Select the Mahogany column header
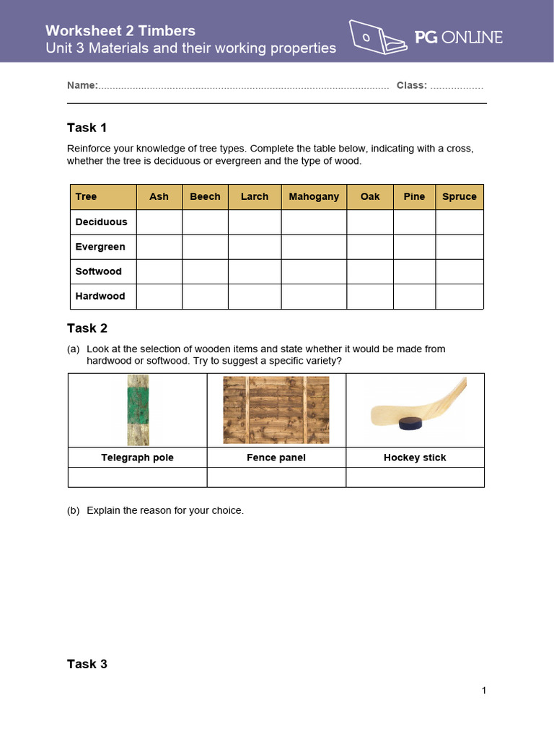tap(314, 196)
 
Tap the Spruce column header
tap(460, 196)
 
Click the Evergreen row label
tap(100, 247)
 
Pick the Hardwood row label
tap(100, 296)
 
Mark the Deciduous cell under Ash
tap(159, 222)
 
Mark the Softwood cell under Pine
tap(414, 271)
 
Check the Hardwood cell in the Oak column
tap(370, 296)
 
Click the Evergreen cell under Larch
tap(255, 247)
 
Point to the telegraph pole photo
tap(138, 410)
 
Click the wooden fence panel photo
tap(276, 410)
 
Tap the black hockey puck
tap(411, 424)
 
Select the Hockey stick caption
tap(415, 458)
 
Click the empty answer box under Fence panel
tap(276, 477)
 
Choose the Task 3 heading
tap(87, 664)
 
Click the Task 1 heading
tap(87, 128)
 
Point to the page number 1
tap(484, 691)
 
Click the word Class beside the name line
tap(410, 85)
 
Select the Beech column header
tap(205, 196)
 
